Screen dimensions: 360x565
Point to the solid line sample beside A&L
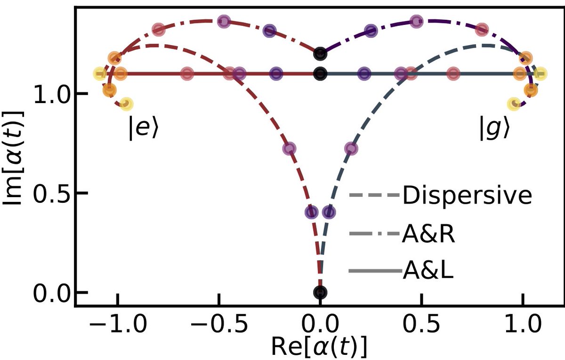pos(375,271)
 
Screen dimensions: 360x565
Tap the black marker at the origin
pos(320,292)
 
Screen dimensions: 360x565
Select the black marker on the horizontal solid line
pos(320,73)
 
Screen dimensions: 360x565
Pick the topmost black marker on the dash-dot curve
pos(320,53)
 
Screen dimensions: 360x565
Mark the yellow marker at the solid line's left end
pos(99,73)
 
